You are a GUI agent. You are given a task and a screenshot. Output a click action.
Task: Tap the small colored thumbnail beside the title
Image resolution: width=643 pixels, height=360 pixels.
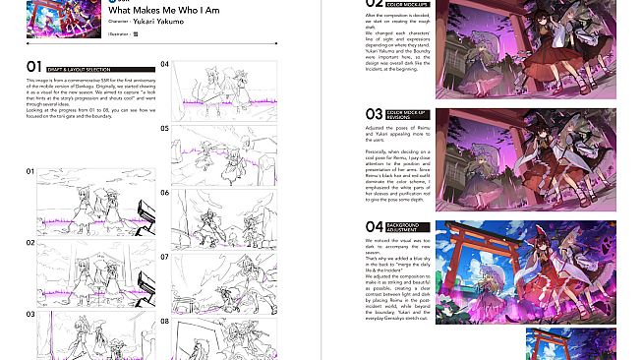pyautogui.click(x=53, y=18)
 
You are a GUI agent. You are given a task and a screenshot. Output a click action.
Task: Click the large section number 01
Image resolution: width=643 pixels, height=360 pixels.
pyautogui.click(x=34, y=66)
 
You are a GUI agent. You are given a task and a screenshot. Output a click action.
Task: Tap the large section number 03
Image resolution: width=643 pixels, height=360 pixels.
pyautogui.click(x=373, y=115)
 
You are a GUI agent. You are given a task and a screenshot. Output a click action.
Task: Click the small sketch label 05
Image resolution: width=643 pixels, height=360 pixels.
pyautogui.click(x=165, y=129)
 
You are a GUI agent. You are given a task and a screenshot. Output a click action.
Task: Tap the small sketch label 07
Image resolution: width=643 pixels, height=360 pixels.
pyautogui.click(x=165, y=257)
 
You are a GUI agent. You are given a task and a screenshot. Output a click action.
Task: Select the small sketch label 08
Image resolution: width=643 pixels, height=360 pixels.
pyautogui.click(x=165, y=321)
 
